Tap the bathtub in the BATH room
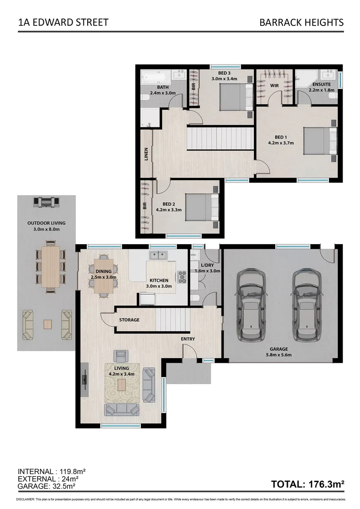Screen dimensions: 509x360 click(x=155, y=75)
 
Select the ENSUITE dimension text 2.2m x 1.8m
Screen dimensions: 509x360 click(x=321, y=90)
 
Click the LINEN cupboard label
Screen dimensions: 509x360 click(x=146, y=155)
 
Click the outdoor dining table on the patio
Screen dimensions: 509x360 click(x=50, y=267)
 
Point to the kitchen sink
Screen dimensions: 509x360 click(x=157, y=255)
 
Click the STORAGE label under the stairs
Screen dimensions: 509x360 click(x=129, y=320)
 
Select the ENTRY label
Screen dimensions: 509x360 click(x=188, y=339)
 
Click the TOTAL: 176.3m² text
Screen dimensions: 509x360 click(x=308, y=484)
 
